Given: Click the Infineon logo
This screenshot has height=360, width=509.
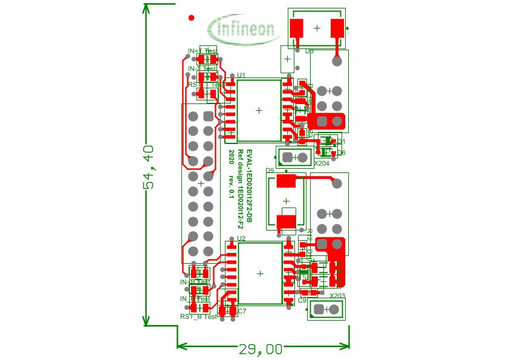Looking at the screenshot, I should (x=241, y=28).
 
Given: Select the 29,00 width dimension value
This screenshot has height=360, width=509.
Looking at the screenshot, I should (x=261, y=349).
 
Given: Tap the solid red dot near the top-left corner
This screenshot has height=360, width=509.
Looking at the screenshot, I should (x=191, y=18).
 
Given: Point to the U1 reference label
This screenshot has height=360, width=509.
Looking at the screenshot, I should (x=241, y=75).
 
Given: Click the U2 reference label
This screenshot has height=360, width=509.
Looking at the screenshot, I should (x=241, y=238).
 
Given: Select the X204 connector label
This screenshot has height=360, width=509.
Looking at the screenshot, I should (x=322, y=163).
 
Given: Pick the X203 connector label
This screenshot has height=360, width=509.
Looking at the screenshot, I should (x=337, y=296).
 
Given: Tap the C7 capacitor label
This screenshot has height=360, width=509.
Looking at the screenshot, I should (x=242, y=311).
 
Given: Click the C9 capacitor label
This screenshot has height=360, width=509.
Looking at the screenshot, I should (x=302, y=300).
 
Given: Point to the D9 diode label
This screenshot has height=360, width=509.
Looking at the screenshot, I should (x=270, y=171).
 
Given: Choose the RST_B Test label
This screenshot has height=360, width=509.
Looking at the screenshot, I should (x=198, y=316).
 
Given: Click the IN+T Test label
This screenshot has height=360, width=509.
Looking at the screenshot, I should (x=202, y=51).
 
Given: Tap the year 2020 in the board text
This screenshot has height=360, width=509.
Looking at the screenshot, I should (x=232, y=159).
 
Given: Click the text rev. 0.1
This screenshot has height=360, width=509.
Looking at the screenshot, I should (x=232, y=186).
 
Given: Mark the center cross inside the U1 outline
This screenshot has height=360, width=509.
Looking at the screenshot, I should (x=259, y=110).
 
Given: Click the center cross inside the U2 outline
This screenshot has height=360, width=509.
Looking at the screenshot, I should (x=260, y=273).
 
